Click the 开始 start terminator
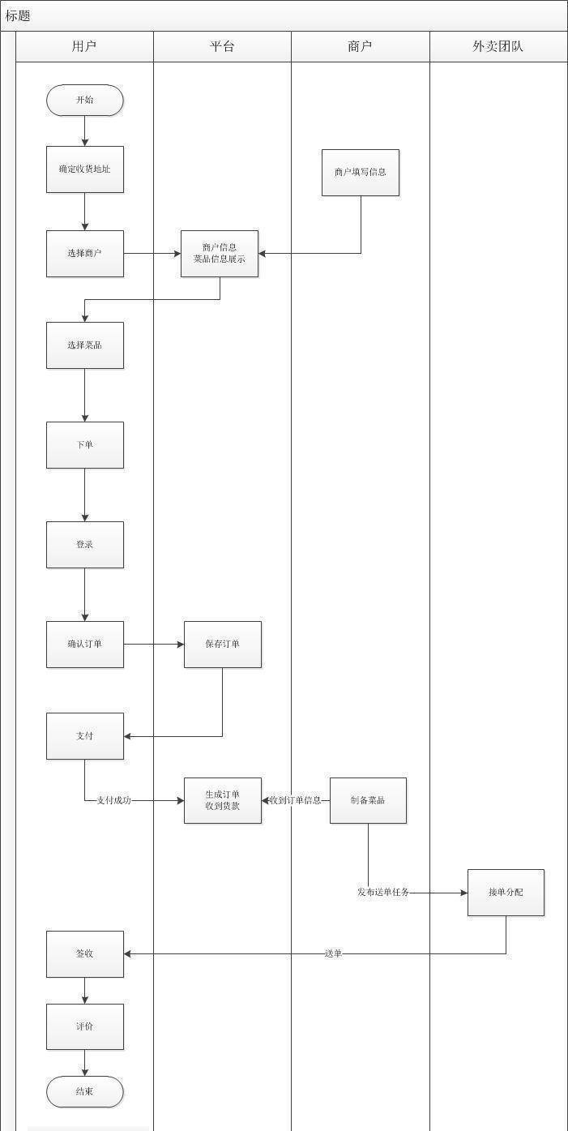[x=84, y=101]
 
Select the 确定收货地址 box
[x=84, y=169]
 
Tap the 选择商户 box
[x=84, y=254]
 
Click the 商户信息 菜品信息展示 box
[x=219, y=254]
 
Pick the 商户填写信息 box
[x=360, y=173]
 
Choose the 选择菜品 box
[x=84, y=345]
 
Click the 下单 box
[x=84, y=445]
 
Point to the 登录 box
[x=84, y=545]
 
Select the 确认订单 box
[x=84, y=645]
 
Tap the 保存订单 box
[x=222, y=645]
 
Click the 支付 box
[x=84, y=736]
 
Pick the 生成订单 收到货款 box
[x=222, y=800]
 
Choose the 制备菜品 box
[x=368, y=800]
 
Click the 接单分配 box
[x=506, y=893]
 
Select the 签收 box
[x=84, y=954]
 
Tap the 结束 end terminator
[x=84, y=1091]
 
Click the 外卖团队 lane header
[x=498, y=46]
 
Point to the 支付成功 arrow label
[x=113, y=800]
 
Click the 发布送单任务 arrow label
[x=383, y=893]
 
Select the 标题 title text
[x=18, y=16]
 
